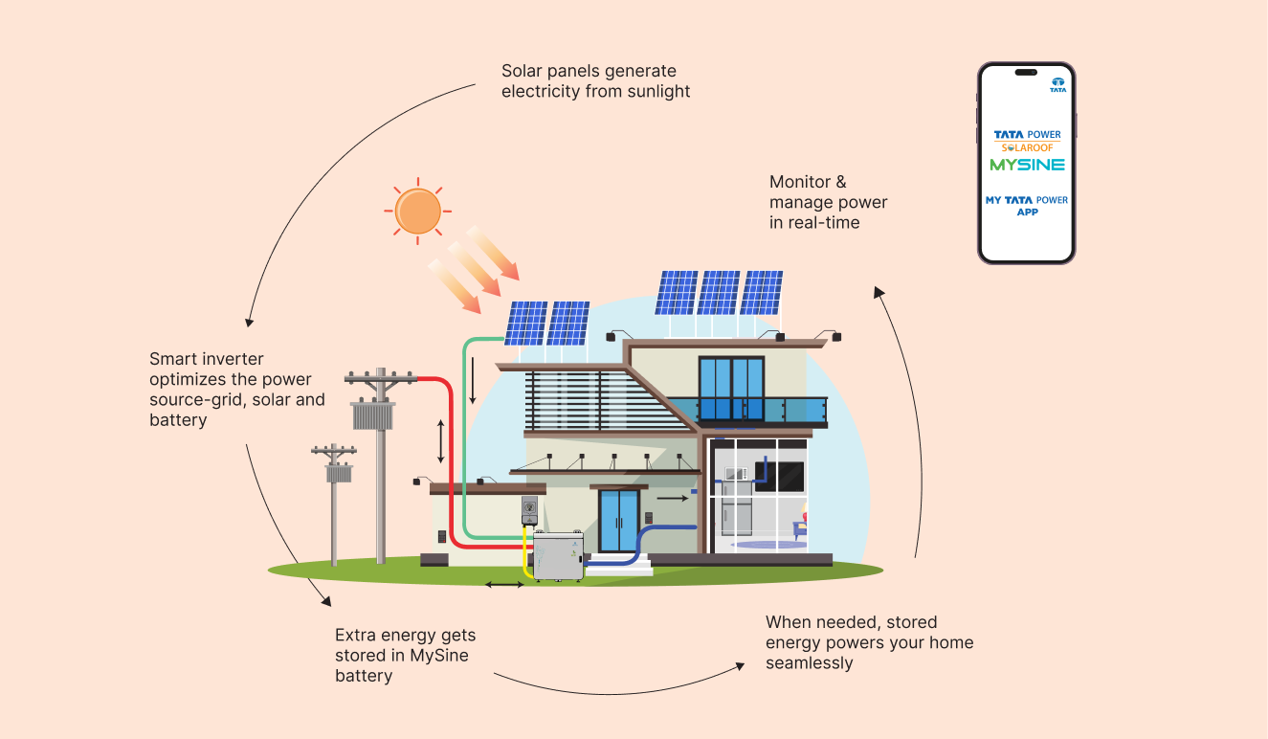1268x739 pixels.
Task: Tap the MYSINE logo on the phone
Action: tap(1027, 165)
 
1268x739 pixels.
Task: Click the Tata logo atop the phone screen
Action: tap(1057, 84)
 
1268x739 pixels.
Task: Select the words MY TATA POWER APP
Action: tap(1027, 206)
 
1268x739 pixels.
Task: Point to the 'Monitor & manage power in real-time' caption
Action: tap(828, 202)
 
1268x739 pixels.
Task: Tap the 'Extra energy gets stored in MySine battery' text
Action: tap(405, 655)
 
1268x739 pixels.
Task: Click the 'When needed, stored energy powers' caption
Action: tap(869, 642)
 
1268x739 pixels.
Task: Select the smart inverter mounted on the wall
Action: tap(530, 510)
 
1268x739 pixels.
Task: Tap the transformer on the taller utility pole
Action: tap(373, 415)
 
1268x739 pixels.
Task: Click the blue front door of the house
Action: tap(618, 522)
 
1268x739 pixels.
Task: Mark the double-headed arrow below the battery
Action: tap(504, 584)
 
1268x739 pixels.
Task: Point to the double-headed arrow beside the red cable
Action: tap(441, 440)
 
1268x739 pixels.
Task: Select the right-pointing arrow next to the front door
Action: tap(672, 498)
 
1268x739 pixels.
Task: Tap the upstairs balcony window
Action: tap(731, 389)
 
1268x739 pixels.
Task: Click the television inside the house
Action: tap(778, 473)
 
